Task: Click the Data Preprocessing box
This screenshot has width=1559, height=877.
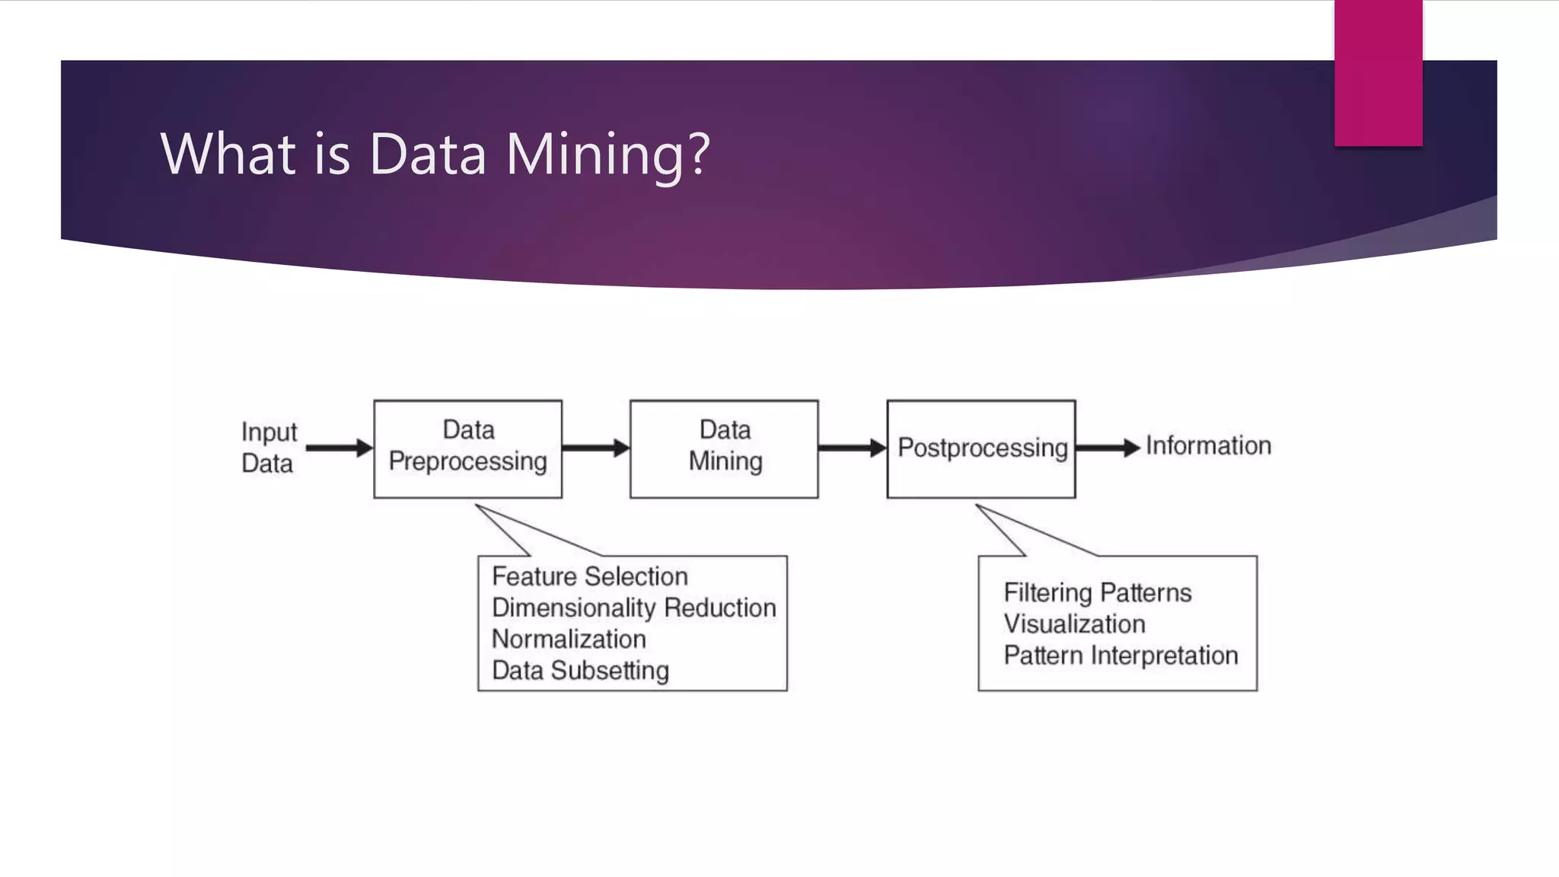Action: tap(467, 448)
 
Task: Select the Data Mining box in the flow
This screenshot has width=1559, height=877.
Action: tap(724, 448)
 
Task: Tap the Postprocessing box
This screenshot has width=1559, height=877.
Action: tap(981, 448)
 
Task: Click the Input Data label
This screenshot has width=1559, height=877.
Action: tap(268, 447)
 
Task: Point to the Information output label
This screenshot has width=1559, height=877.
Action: tap(1208, 445)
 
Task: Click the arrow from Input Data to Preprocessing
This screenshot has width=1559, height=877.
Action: tap(338, 448)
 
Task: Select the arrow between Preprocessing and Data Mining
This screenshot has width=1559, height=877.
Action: tap(595, 448)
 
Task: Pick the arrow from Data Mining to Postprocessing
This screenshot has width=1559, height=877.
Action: tap(852, 448)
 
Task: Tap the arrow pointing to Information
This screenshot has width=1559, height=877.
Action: tap(1108, 448)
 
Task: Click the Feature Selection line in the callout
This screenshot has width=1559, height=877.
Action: tap(590, 576)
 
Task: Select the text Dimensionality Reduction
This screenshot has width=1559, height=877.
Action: tap(633, 608)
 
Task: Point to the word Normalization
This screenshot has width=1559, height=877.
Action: tap(569, 639)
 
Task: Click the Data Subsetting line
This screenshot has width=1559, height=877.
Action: tap(580, 670)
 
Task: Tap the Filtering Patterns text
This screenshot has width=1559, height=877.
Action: tap(1097, 592)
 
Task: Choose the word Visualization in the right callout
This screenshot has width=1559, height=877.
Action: tap(1074, 623)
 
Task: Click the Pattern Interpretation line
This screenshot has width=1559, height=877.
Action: tap(1121, 655)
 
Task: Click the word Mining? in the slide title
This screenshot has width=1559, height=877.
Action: tap(607, 155)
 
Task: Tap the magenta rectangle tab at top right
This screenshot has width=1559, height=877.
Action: tap(1378, 73)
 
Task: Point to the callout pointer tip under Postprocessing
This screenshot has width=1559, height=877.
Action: tap(978, 505)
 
